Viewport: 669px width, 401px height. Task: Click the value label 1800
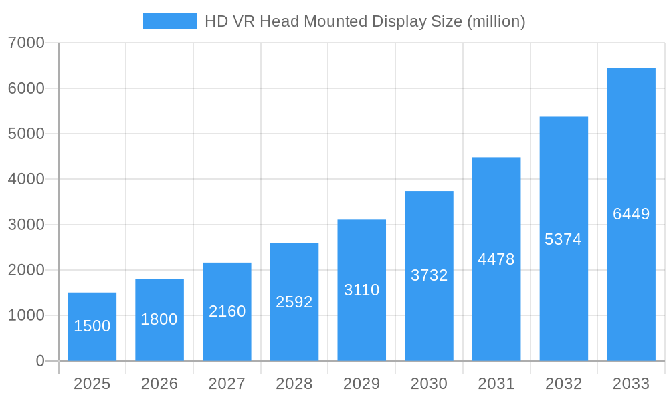point(159,319)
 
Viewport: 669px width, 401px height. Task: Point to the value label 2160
point(227,311)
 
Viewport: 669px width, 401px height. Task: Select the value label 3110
point(362,290)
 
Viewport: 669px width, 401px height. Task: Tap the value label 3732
point(429,275)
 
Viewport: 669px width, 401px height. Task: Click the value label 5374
point(563,239)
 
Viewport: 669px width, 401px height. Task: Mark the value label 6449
point(632,214)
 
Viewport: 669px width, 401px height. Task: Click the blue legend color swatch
point(170,21)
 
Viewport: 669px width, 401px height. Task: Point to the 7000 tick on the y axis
point(26,43)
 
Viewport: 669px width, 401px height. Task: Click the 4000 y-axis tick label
point(26,179)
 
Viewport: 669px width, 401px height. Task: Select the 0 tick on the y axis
point(39,361)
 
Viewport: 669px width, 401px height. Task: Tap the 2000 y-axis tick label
point(26,270)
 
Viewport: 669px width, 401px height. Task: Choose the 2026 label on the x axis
point(159,384)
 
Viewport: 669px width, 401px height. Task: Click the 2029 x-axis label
point(362,384)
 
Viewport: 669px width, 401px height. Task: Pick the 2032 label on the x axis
point(563,384)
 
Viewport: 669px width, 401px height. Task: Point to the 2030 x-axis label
point(429,384)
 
